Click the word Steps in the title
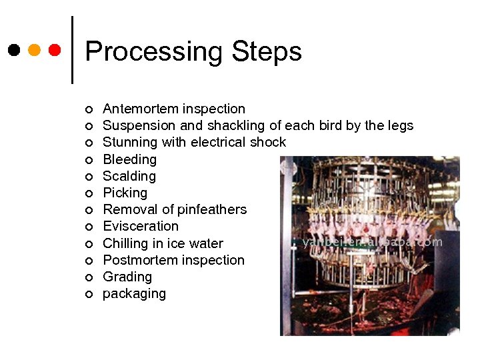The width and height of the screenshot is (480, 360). pyautogui.click(x=267, y=52)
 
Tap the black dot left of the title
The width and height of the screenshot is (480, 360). pyautogui.click(x=14, y=50)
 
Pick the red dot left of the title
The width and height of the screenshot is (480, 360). pyautogui.click(x=55, y=50)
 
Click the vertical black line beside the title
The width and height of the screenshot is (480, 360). pyautogui.click(x=72, y=50)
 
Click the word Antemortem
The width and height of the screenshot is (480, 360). pyautogui.click(x=141, y=109)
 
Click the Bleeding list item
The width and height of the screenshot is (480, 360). pyautogui.click(x=129, y=159)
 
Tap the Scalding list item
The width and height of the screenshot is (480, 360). pyautogui.click(x=129, y=176)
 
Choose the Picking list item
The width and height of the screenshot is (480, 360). pyautogui.click(x=125, y=193)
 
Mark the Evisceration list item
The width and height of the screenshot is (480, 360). pyautogui.click(x=141, y=226)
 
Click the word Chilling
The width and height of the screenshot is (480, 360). pyautogui.click(x=125, y=243)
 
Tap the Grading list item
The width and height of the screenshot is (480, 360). pyautogui.click(x=127, y=277)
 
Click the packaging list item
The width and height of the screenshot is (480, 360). pyautogui.click(x=134, y=294)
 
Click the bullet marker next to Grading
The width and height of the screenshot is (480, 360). pyautogui.click(x=88, y=277)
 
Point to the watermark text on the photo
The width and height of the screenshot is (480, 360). pyautogui.click(x=372, y=242)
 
